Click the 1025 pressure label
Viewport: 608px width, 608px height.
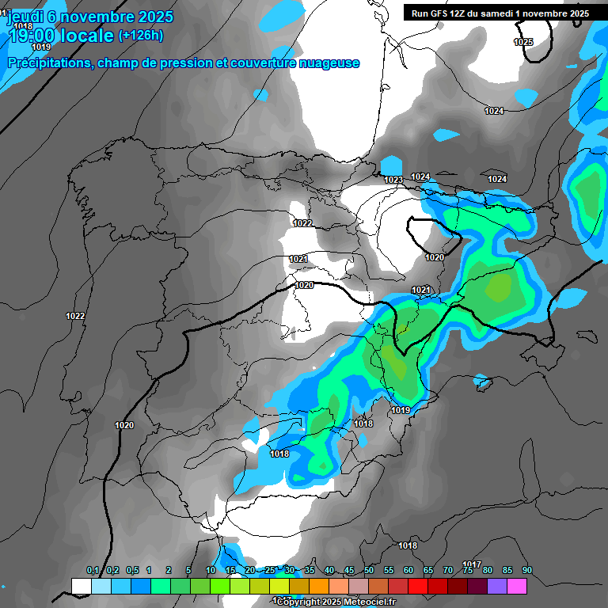tap(523, 42)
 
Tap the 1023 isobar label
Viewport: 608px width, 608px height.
tap(393, 180)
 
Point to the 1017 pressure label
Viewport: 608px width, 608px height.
tap(473, 564)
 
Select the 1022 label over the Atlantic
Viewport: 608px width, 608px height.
tap(75, 316)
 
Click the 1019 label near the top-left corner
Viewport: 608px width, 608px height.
tap(41, 47)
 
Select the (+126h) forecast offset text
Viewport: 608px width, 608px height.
tap(140, 36)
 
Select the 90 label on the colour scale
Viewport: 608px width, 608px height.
tap(526, 571)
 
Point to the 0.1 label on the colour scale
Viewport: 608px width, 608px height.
tap(93, 571)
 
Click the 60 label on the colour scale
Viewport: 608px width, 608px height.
tap(408, 571)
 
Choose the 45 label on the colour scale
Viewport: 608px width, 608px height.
tap(349, 571)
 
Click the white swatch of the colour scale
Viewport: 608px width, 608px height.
tap(81, 586)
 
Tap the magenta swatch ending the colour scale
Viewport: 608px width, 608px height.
tap(517, 586)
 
